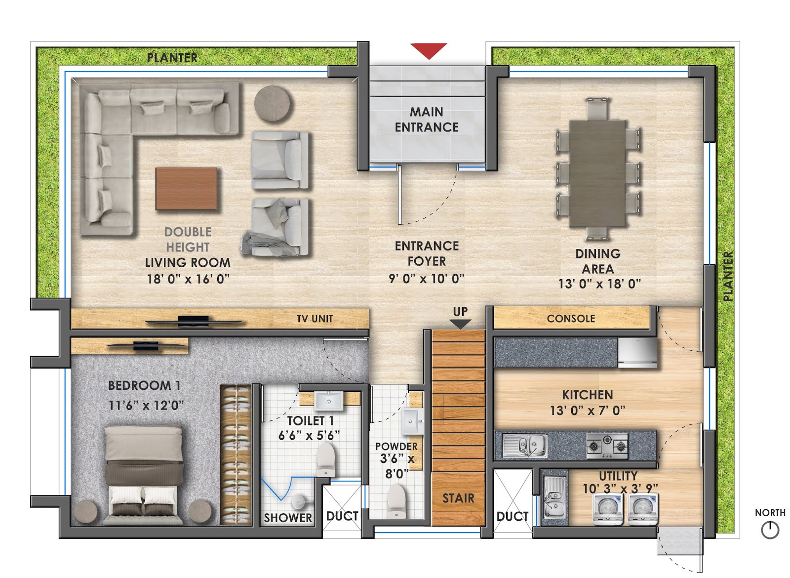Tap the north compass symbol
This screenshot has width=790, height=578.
tap(770, 530)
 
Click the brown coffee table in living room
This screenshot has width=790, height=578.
tap(187, 189)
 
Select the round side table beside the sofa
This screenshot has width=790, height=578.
tap(273, 104)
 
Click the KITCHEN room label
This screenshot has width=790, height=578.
tap(587, 395)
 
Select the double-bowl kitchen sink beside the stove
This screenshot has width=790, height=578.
tap(524, 445)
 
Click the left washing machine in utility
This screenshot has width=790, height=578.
tap(606, 509)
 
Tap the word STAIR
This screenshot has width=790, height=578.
tap(458, 498)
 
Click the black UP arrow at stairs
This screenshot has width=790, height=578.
tap(460, 324)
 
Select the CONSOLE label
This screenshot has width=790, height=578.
tap(571, 319)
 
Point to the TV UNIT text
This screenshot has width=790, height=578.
tap(315, 319)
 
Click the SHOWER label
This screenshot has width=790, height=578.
tap(287, 518)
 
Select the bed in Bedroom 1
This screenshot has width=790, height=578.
tap(143, 472)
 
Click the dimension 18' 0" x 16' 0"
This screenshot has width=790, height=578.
tap(188, 279)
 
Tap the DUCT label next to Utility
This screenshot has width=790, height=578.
tap(512, 517)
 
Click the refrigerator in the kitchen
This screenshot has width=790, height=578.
tap(637, 352)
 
